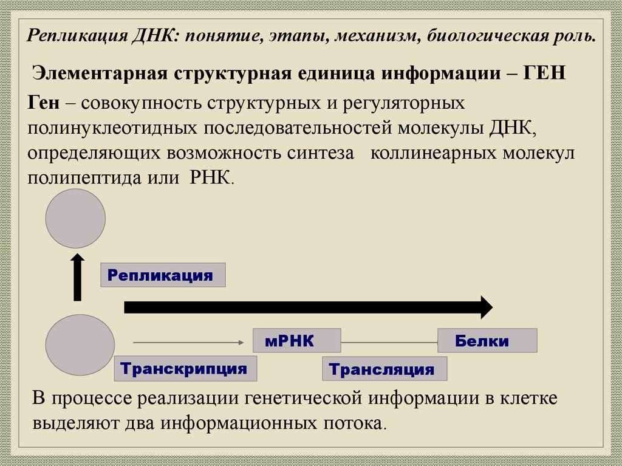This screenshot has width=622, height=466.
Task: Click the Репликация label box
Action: click(x=163, y=275)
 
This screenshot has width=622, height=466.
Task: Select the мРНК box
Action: click(x=296, y=341)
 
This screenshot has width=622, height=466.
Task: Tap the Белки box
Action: click(x=487, y=341)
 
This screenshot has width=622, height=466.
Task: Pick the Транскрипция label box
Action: click(x=185, y=368)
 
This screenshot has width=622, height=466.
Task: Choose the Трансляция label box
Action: click(x=384, y=369)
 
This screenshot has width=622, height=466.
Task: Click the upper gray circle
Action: click(x=76, y=218)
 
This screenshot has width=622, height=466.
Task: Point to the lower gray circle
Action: click(x=80, y=345)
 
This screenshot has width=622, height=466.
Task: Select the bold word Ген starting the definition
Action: click(x=43, y=103)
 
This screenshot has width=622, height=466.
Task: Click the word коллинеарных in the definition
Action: click(x=432, y=154)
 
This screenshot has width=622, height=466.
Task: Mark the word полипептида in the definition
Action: click(x=81, y=179)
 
